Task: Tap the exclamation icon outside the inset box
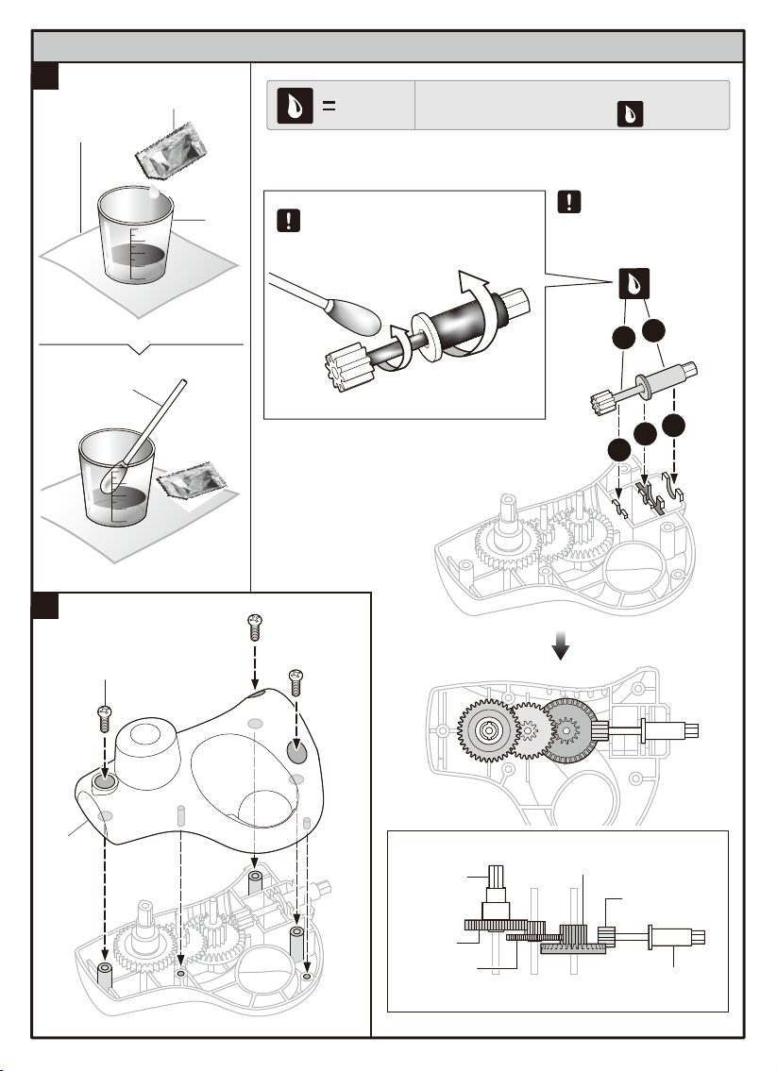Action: (568, 201)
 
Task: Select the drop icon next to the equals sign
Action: (288, 105)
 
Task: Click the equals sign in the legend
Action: (329, 106)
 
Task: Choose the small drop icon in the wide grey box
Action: (630, 115)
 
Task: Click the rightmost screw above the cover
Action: (296, 679)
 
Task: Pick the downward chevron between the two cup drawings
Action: (140, 349)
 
